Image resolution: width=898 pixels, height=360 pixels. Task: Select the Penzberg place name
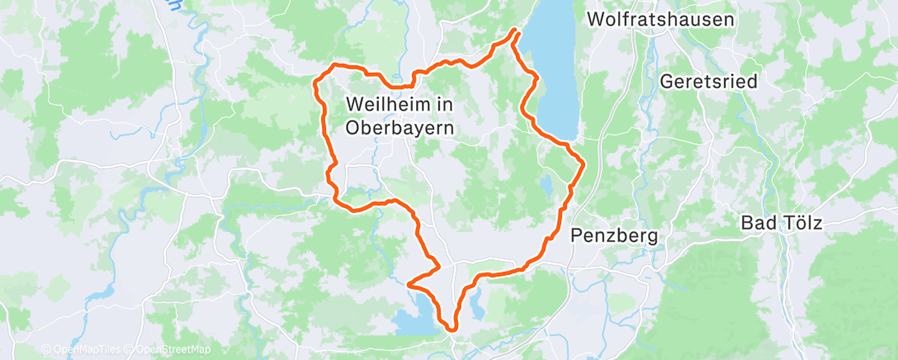click(614, 236)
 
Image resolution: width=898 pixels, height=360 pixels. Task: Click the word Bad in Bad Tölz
click(757, 223)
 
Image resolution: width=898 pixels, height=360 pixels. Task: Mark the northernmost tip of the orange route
click(517, 31)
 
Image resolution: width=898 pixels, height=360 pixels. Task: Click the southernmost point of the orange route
click(452, 328)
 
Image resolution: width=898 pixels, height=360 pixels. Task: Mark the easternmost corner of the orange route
click(583, 163)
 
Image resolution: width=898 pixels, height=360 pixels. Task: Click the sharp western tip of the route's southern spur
click(409, 284)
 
